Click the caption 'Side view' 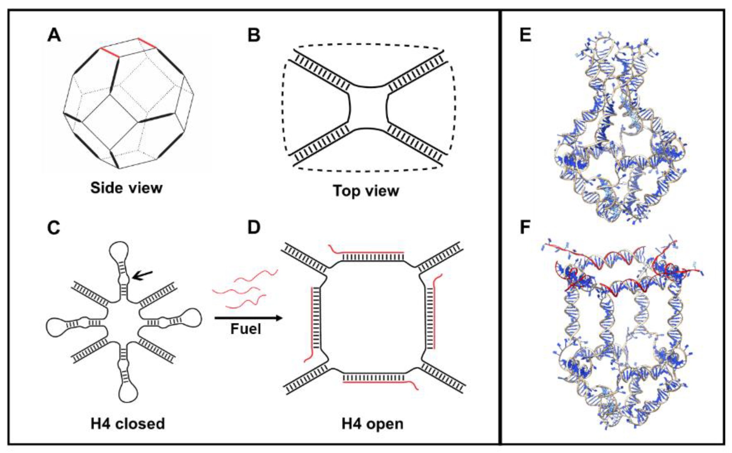coord(126,188)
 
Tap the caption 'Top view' coord(366,191)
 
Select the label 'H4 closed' coord(127,423)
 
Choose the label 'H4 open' coord(372,424)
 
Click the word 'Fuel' coord(246,329)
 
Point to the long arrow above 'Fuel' coord(248,318)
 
